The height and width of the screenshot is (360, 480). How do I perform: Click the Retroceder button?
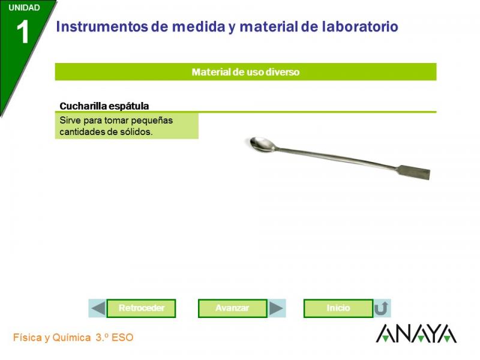coord(141,308)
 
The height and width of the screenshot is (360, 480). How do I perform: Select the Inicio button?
coord(338,308)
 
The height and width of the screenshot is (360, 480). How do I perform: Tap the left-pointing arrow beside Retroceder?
coord(98,308)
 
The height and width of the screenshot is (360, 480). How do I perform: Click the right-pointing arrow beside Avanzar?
coord(276,308)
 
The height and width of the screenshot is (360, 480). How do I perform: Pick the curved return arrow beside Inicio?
coord(382,308)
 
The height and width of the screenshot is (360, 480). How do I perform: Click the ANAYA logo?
coord(416,334)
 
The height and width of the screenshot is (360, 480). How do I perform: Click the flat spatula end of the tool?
coord(414,172)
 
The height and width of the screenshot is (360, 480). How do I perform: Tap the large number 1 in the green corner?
coord(23,32)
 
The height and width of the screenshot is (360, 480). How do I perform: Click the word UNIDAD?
coord(24,8)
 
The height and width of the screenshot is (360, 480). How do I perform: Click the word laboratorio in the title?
coord(360,26)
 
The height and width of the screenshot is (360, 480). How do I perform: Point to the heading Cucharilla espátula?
coord(104,106)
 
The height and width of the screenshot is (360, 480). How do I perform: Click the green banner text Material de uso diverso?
coord(245,72)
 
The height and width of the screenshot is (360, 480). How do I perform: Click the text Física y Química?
coord(52,338)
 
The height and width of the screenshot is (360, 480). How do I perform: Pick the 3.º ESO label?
coord(115,337)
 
